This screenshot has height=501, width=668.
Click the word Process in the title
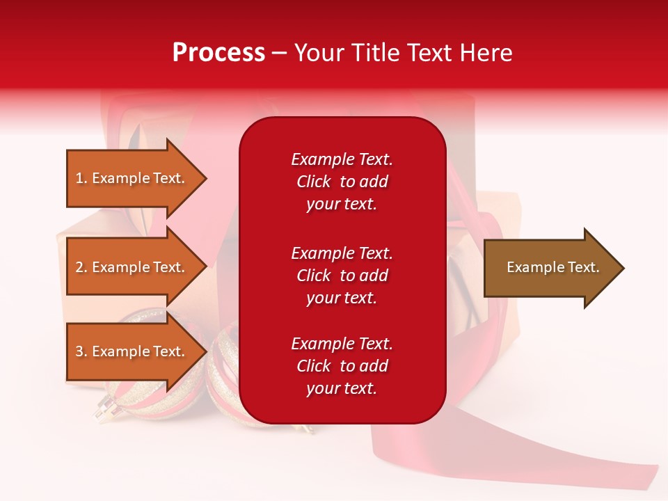coord(218,53)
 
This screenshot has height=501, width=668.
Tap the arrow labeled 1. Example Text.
coord(132,178)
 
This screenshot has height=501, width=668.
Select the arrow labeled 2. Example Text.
coord(132,267)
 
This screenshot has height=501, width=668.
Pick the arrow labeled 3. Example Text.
coord(132,351)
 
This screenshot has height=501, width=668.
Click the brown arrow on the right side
coord(550,268)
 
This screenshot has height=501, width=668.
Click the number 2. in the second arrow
coord(81,267)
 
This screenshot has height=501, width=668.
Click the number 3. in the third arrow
coord(81,351)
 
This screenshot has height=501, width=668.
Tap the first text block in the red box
coord(342,182)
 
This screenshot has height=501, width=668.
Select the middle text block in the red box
coord(342,276)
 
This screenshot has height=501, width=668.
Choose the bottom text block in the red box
coord(342,366)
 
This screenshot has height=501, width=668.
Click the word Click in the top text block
coord(314,182)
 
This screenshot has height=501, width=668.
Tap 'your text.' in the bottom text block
coord(342,388)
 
